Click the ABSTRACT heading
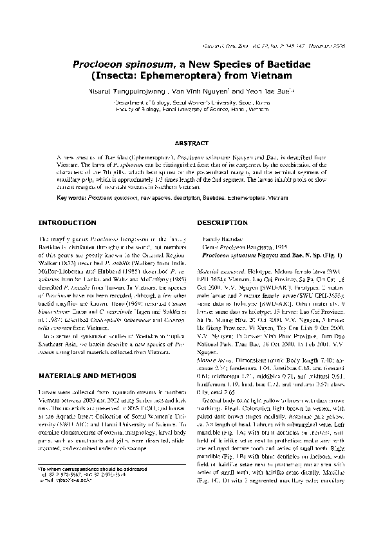(x=191, y=143)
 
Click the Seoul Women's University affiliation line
(x=192, y=102)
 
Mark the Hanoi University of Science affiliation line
(x=192, y=110)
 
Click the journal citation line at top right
(x=295, y=48)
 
